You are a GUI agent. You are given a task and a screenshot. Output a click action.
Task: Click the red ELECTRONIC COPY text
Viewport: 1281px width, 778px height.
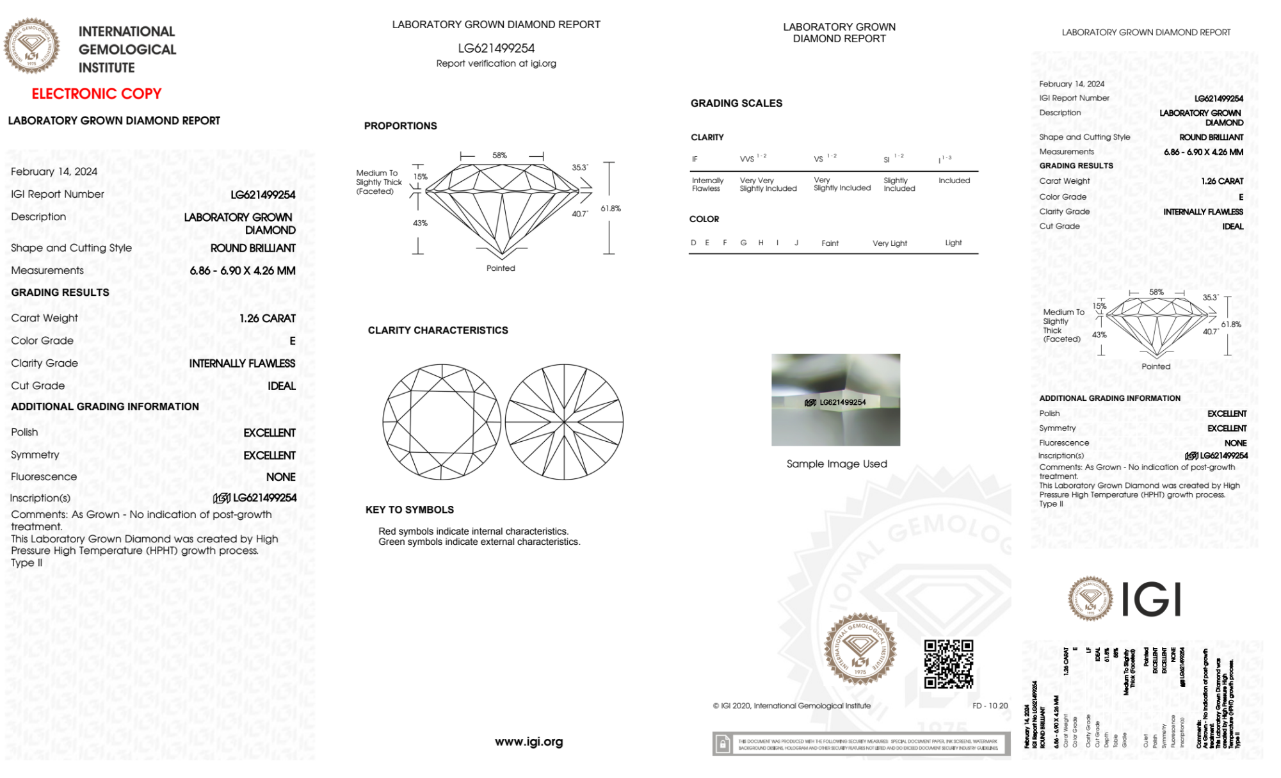[x=97, y=93]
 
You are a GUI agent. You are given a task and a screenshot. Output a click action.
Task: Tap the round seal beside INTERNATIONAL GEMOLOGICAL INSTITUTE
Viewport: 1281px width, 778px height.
[x=31, y=45]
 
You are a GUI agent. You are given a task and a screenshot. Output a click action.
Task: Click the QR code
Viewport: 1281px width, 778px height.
[x=948, y=664]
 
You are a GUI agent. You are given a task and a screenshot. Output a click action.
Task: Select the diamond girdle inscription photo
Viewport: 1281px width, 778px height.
[x=835, y=400]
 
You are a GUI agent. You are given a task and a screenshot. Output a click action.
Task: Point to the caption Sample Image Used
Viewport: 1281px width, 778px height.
[x=837, y=464]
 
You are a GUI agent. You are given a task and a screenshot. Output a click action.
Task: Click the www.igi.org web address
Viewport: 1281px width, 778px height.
[x=529, y=742]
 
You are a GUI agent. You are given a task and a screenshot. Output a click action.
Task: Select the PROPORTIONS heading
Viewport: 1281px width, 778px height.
[x=400, y=126]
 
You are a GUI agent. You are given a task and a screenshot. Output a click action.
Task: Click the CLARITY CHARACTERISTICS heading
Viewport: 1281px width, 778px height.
[x=438, y=330]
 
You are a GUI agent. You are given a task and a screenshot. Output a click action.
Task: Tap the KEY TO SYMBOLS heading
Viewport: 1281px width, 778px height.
[x=410, y=510]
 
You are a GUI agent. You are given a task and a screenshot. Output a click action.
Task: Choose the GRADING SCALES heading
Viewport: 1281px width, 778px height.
[x=736, y=103]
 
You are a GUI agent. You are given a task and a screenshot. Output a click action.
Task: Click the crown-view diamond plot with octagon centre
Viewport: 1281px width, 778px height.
[x=442, y=422]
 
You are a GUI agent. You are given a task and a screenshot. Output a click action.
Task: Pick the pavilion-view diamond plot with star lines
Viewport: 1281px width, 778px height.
[x=564, y=422]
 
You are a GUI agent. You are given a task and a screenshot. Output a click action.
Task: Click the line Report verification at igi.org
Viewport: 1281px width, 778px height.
[x=496, y=63]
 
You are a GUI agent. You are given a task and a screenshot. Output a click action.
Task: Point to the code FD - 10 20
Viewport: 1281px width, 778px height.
[x=990, y=706]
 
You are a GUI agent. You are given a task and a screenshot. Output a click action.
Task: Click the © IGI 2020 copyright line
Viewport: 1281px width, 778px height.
[x=792, y=706]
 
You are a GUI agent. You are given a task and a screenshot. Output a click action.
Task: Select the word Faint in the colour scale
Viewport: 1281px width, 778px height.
[x=830, y=243]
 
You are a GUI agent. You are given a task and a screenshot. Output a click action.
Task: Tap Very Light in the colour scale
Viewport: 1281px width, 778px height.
[x=889, y=243]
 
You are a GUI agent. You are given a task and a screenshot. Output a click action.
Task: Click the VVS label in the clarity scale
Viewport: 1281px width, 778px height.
[x=747, y=159]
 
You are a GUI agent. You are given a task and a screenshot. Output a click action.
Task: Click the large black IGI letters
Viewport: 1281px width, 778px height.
[x=1152, y=599]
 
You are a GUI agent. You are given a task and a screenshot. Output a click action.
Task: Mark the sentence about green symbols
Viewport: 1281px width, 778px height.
[x=479, y=542]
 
